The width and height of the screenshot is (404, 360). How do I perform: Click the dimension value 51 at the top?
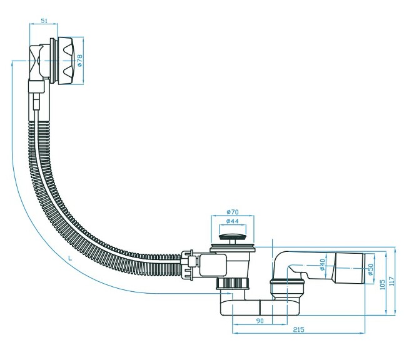[x=44, y=21]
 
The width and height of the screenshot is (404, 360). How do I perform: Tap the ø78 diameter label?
[x=79, y=61]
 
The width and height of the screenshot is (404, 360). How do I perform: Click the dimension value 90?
[x=260, y=322]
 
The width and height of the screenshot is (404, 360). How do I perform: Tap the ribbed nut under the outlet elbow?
[x=287, y=287]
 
